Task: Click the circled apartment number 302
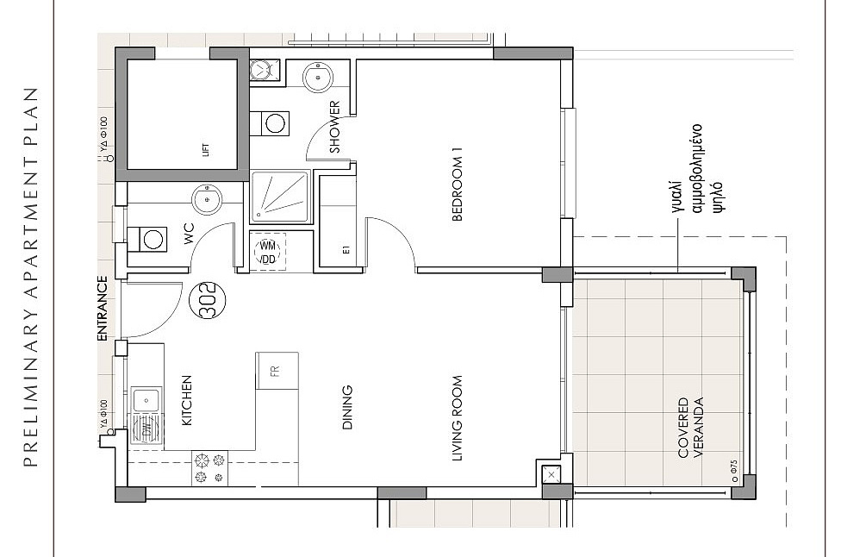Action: (208, 301)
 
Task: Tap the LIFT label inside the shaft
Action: (206, 149)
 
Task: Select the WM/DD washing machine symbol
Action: (268, 252)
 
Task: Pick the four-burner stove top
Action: (210, 468)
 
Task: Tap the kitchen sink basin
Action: (146, 399)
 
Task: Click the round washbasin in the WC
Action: (207, 199)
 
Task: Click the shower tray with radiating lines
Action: (280, 197)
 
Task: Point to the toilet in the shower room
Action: (270, 123)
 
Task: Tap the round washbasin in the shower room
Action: (318, 77)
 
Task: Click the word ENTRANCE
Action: (103, 309)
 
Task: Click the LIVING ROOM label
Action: (457, 418)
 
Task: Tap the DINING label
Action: (347, 407)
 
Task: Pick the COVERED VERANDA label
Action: (690, 429)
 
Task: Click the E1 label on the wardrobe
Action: (346, 250)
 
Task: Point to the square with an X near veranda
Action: (551, 473)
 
